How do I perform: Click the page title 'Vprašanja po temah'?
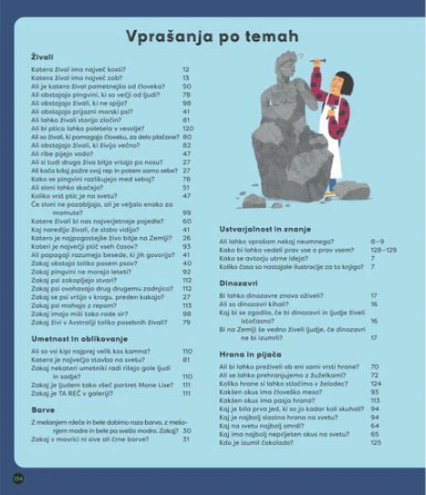tap(217, 36)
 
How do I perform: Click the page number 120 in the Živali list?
tap(187, 129)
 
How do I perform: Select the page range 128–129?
tap(385, 250)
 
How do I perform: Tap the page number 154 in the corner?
tap(16, 477)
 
